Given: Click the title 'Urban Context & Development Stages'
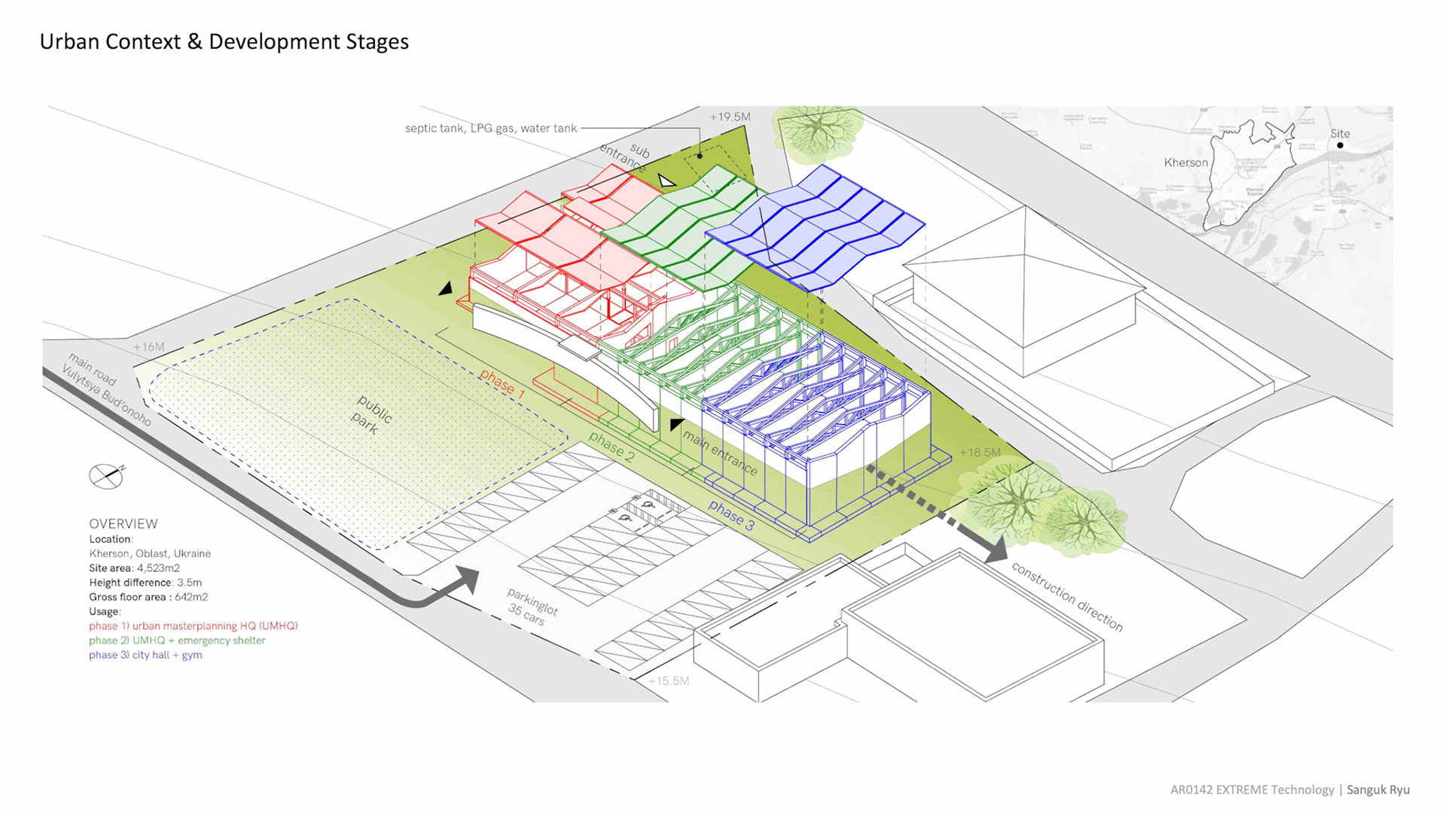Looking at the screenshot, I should tap(224, 41).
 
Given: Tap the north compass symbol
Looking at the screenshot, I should tap(106, 476).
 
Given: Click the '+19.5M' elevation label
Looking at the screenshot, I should tap(730, 117).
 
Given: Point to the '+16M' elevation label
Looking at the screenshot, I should tap(148, 347).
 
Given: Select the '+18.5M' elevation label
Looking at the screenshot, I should tap(980, 452).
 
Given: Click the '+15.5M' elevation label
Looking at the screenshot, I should tap(668, 681).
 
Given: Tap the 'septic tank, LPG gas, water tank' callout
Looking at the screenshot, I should tap(490, 128).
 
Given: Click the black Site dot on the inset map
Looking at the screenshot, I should tap(1340, 145).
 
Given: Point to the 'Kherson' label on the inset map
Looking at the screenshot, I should tap(1185, 163).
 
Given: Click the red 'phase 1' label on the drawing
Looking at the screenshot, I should tap(502, 383).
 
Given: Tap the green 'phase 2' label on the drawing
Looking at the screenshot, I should tap(611, 446).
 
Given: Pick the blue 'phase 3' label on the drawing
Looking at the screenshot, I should tap(731, 515).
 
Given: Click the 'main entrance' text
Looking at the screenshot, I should tap(719, 452).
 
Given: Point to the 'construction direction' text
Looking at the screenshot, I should tap(1066, 596).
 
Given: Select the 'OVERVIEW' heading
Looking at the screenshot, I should tap(124, 524).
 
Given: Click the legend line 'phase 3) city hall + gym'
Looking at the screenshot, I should tap(145, 655).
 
